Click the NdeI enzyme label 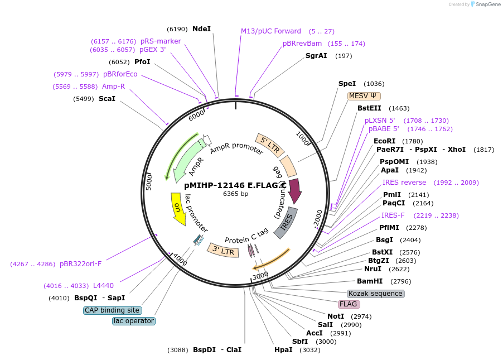[201, 28]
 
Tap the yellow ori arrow [178, 208]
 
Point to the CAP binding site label [112, 310]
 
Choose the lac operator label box [133, 321]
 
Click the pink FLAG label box [349, 304]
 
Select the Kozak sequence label [375, 294]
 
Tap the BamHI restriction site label [370, 281]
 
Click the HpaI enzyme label [283, 350]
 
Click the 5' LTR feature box [270, 145]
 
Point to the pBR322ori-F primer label [81, 263]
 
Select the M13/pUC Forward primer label [270, 31]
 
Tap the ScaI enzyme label [107, 99]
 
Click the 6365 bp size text [235, 194]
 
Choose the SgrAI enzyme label [316, 56]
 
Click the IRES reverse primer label [404, 183]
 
